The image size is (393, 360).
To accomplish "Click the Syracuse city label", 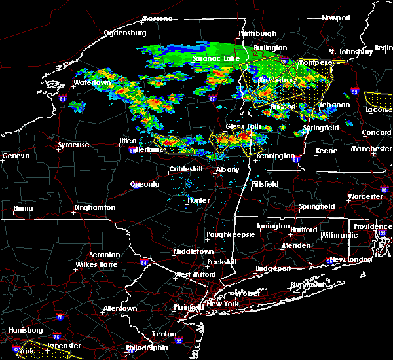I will tap(73, 145).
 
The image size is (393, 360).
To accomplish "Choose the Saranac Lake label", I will tap(216, 58).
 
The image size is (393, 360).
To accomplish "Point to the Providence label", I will tap(373, 226).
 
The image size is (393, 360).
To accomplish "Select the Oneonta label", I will tap(145, 184).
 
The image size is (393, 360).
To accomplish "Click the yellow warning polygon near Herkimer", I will tap(174, 144).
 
